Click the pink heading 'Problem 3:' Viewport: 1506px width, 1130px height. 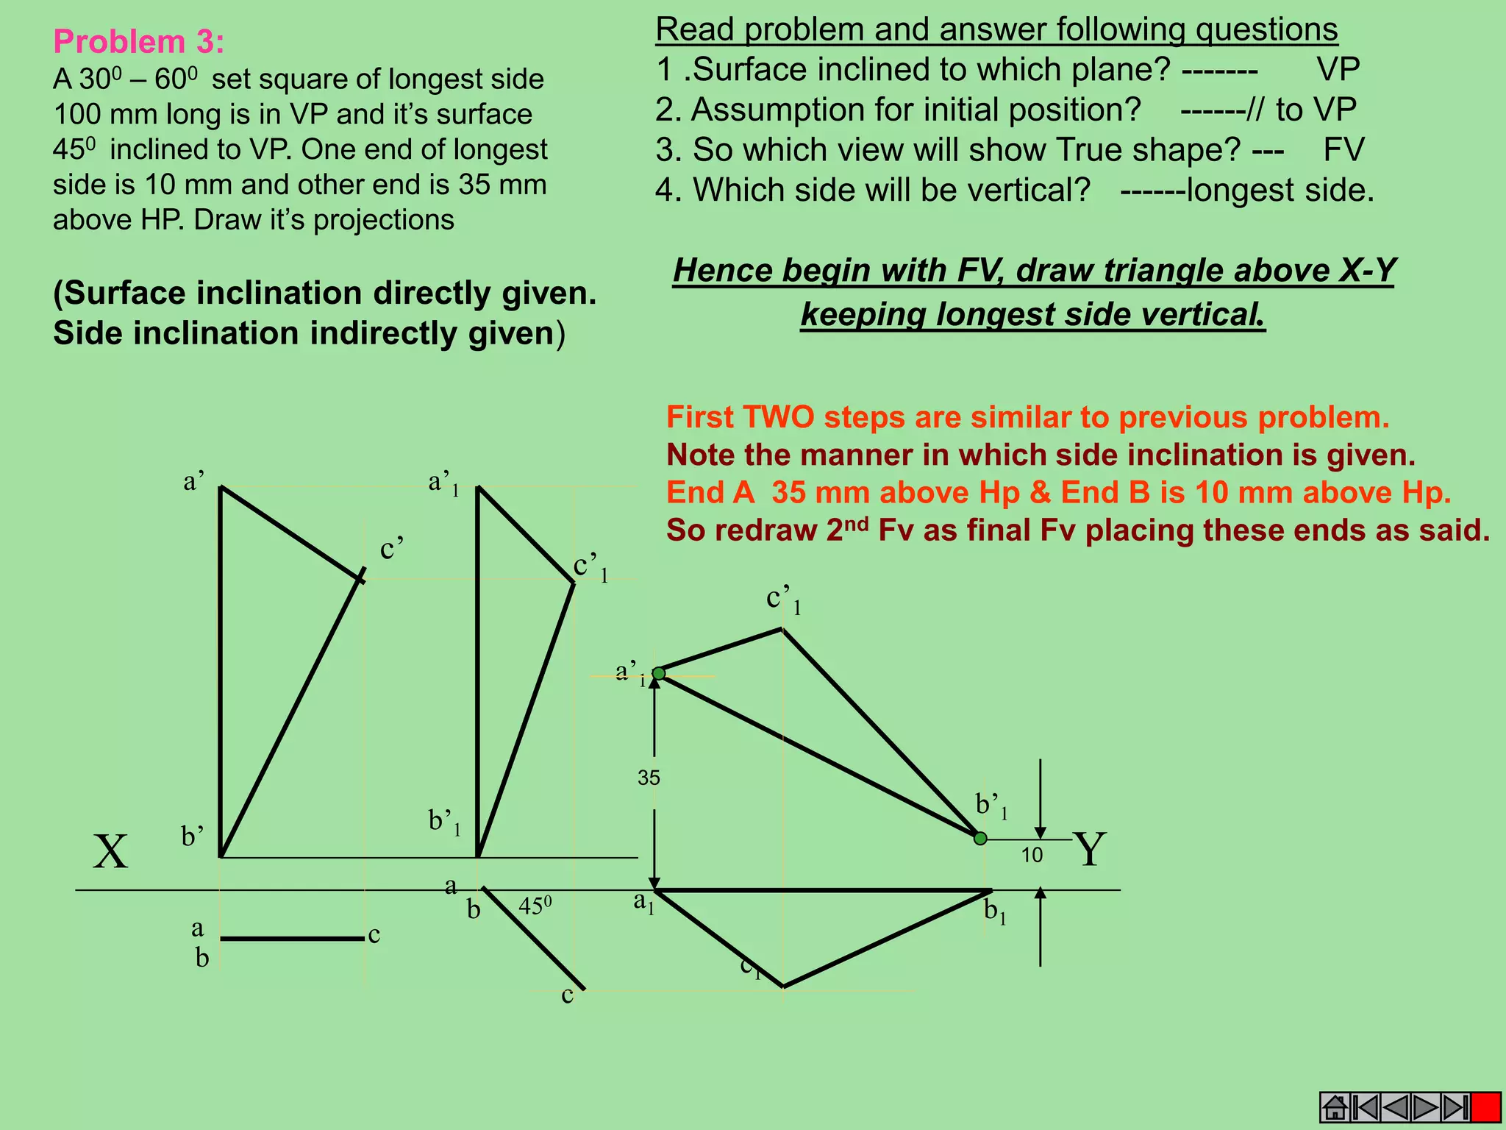point(138,42)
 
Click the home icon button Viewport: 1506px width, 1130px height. point(1334,1106)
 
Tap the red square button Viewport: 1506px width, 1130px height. point(1486,1106)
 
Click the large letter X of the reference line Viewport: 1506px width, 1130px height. point(110,852)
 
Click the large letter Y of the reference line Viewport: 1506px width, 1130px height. point(1089,849)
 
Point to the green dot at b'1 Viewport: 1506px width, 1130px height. point(980,838)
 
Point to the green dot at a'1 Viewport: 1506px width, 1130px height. point(659,673)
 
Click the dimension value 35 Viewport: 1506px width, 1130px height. point(649,778)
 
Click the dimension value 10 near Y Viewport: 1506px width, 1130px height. point(1032,855)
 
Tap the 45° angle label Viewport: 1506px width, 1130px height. point(535,906)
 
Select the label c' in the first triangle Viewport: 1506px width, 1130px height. point(392,549)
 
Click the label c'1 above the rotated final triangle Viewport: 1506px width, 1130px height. point(783,600)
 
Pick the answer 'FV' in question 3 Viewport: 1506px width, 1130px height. point(1343,149)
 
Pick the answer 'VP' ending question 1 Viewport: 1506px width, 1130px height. point(1338,69)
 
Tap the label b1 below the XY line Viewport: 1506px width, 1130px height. point(995,912)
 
